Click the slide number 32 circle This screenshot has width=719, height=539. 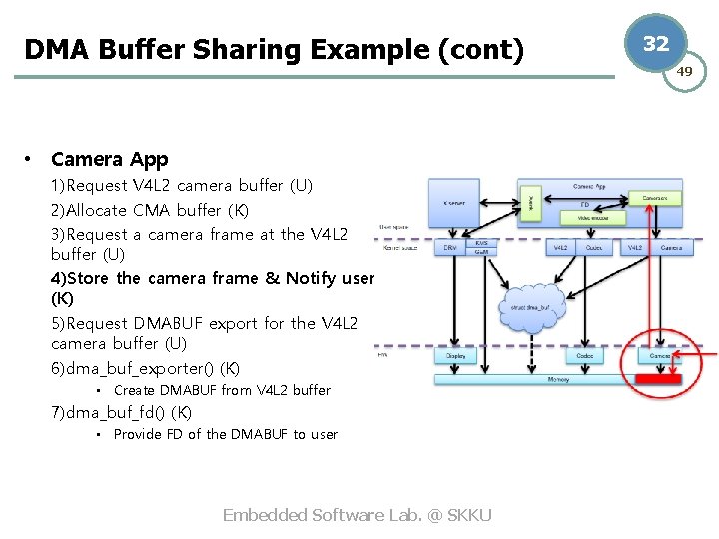click(x=656, y=44)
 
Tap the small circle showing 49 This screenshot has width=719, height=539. click(x=685, y=71)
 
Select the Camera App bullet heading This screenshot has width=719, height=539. click(x=109, y=159)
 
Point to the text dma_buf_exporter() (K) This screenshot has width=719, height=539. click(x=145, y=368)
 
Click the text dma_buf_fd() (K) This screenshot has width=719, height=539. click(x=121, y=412)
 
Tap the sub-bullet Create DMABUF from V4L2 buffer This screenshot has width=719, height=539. click(x=221, y=390)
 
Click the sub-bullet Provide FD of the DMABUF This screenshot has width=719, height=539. click(x=225, y=434)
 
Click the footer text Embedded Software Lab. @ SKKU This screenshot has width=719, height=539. click(x=357, y=515)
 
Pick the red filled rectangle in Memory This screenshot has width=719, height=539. click(x=656, y=379)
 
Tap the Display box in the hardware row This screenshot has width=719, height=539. click(x=454, y=355)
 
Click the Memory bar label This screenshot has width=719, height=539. click(x=559, y=379)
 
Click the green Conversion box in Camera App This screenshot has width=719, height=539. click(x=655, y=199)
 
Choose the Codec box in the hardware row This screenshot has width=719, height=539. click(x=585, y=355)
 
